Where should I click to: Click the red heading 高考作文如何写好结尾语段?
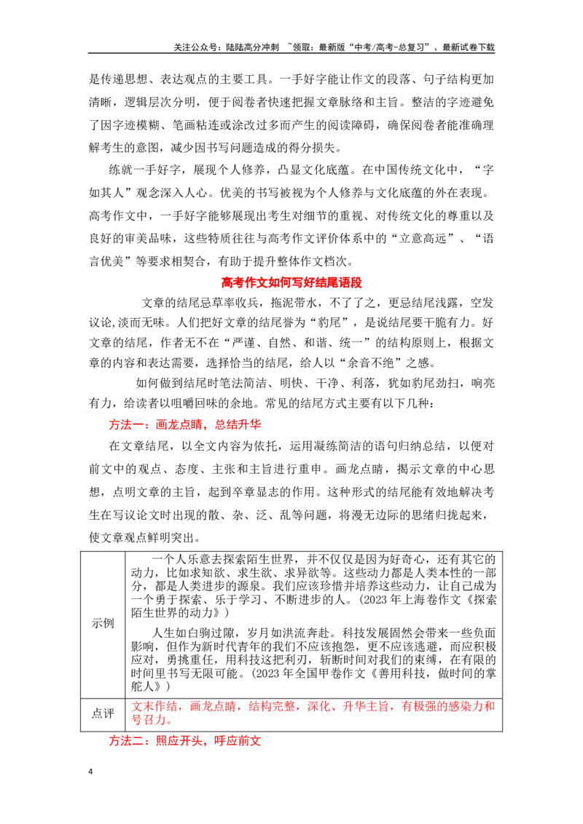click(291, 282)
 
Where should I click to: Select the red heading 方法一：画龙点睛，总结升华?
click(184, 424)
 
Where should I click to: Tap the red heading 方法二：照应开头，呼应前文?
click(184, 741)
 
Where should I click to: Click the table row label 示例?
click(103, 623)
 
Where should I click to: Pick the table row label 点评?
click(103, 713)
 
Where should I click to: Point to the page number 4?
click(90, 772)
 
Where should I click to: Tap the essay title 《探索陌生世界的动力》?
click(314, 606)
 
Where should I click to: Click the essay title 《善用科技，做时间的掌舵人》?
click(314, 679)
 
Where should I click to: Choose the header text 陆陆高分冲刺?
click(253, 47)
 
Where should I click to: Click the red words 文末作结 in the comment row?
click(154, 706)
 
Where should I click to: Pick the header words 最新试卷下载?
click(469, 47)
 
